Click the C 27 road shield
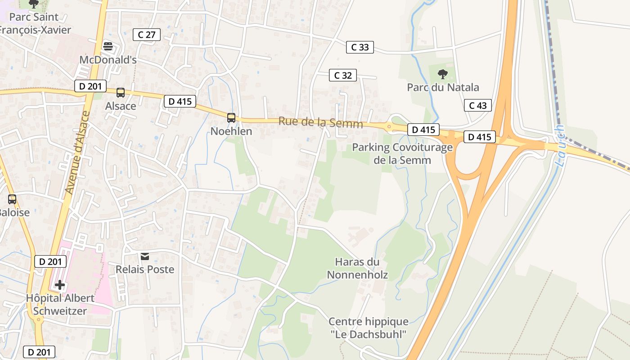pyautogui.click(x=147, y=35)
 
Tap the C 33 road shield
pyautogui.click(x=360, y=47)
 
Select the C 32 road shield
pyautogui.click(x=343, y=75)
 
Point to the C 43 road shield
pyautogui.click(x=478, y=105)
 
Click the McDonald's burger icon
pyautogui.click(x=108, y=46)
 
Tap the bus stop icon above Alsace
pyautogui.click(x=121, y=93)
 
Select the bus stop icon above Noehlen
pyautogui.click(x=231, y=118)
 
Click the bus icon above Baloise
pyautogui.click(x=12, y=199)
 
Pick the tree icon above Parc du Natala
pyautogui.click(x=443, y=74)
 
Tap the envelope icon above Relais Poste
pyautogui.click(x=145, y=256)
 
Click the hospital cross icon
pyautogui.click(x=59, y=284)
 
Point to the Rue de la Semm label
pyautogui.click(x=320, y=122)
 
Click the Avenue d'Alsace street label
pyautogui.click(x=75, y=153)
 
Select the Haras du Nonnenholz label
pyautogui.click(x=357, y=268)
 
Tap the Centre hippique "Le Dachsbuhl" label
pyautogui.click(x=369, y=328)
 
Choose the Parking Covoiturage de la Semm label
pyautogui.click(x=402, y=153)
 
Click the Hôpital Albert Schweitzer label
pyautogui.click(x=60, y=304)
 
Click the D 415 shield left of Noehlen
pyautogui.click(x=180, y=101)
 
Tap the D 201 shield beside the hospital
pyautogui.click(x=50, y=261)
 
